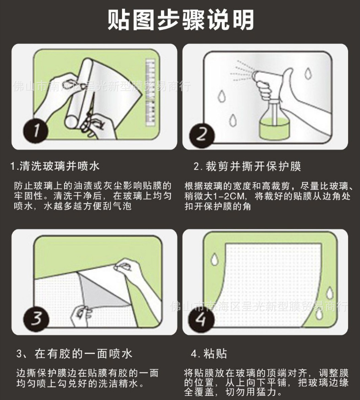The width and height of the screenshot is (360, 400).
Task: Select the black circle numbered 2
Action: coord(201,134)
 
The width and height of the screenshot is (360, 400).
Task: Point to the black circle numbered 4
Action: coord(201,319)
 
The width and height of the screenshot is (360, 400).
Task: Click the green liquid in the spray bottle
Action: coord(274,131)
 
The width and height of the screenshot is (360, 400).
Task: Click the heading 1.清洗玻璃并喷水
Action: coord(55,166)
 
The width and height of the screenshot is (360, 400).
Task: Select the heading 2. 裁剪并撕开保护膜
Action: coord(247,167)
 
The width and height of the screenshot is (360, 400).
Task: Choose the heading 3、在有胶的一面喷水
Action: coord(74,354)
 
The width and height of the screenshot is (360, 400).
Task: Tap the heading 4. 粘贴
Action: coord(209,354)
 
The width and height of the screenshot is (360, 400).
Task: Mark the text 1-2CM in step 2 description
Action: coord(228,196)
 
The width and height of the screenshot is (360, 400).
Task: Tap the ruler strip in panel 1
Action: coord(150,92)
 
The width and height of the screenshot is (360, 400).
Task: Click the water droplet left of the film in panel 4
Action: coord(215,259)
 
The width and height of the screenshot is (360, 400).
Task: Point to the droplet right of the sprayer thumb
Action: coord(308,73)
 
